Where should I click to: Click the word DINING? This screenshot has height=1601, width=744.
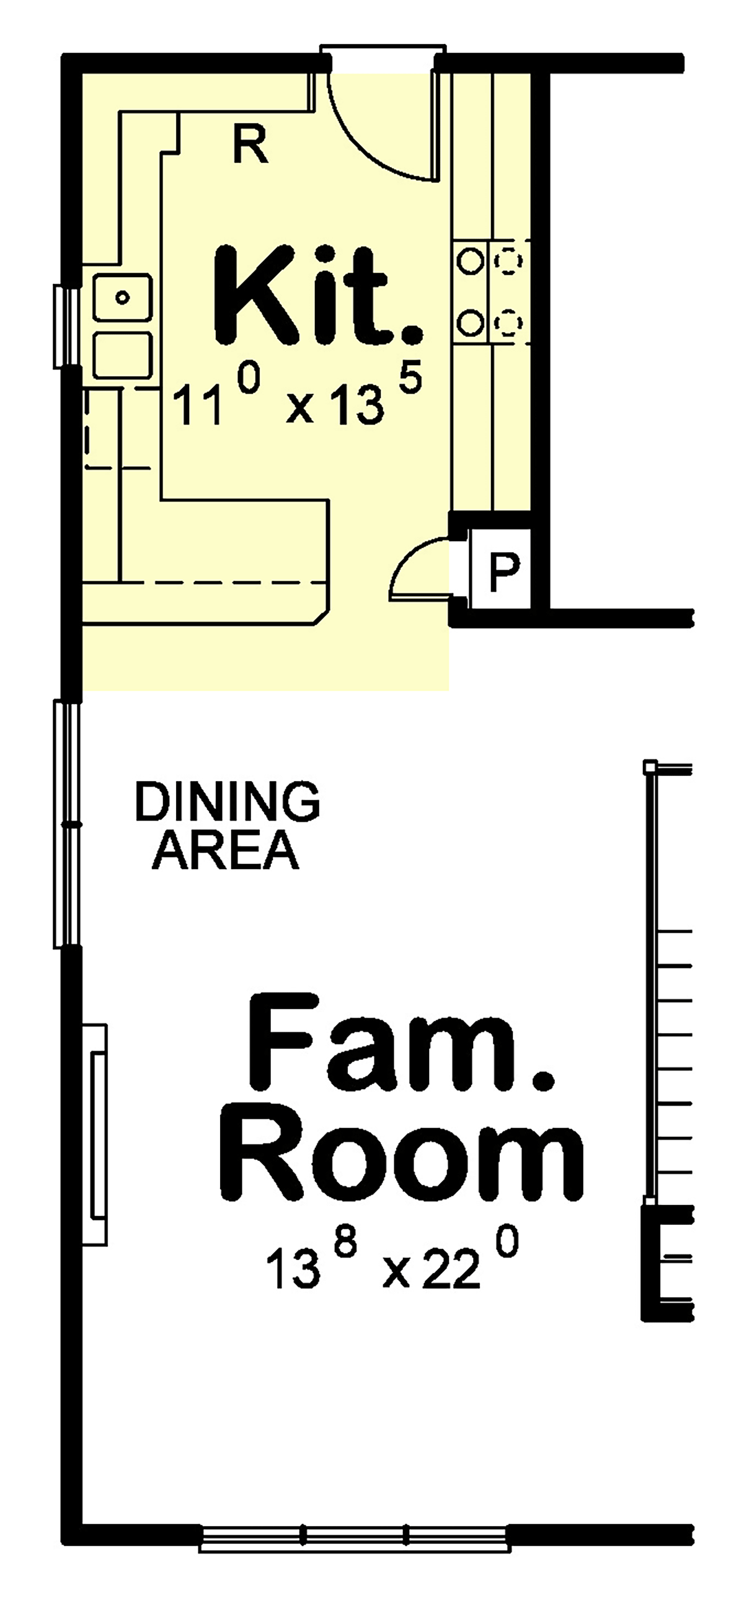[228, 801]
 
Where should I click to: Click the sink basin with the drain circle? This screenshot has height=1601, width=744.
[122, 298]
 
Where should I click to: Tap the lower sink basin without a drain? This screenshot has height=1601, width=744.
[122, 355]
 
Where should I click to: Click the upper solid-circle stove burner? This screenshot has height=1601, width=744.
[470, 260]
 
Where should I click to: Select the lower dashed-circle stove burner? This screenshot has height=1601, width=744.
[508, 322]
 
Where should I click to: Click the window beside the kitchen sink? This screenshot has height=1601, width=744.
[65, 325]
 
